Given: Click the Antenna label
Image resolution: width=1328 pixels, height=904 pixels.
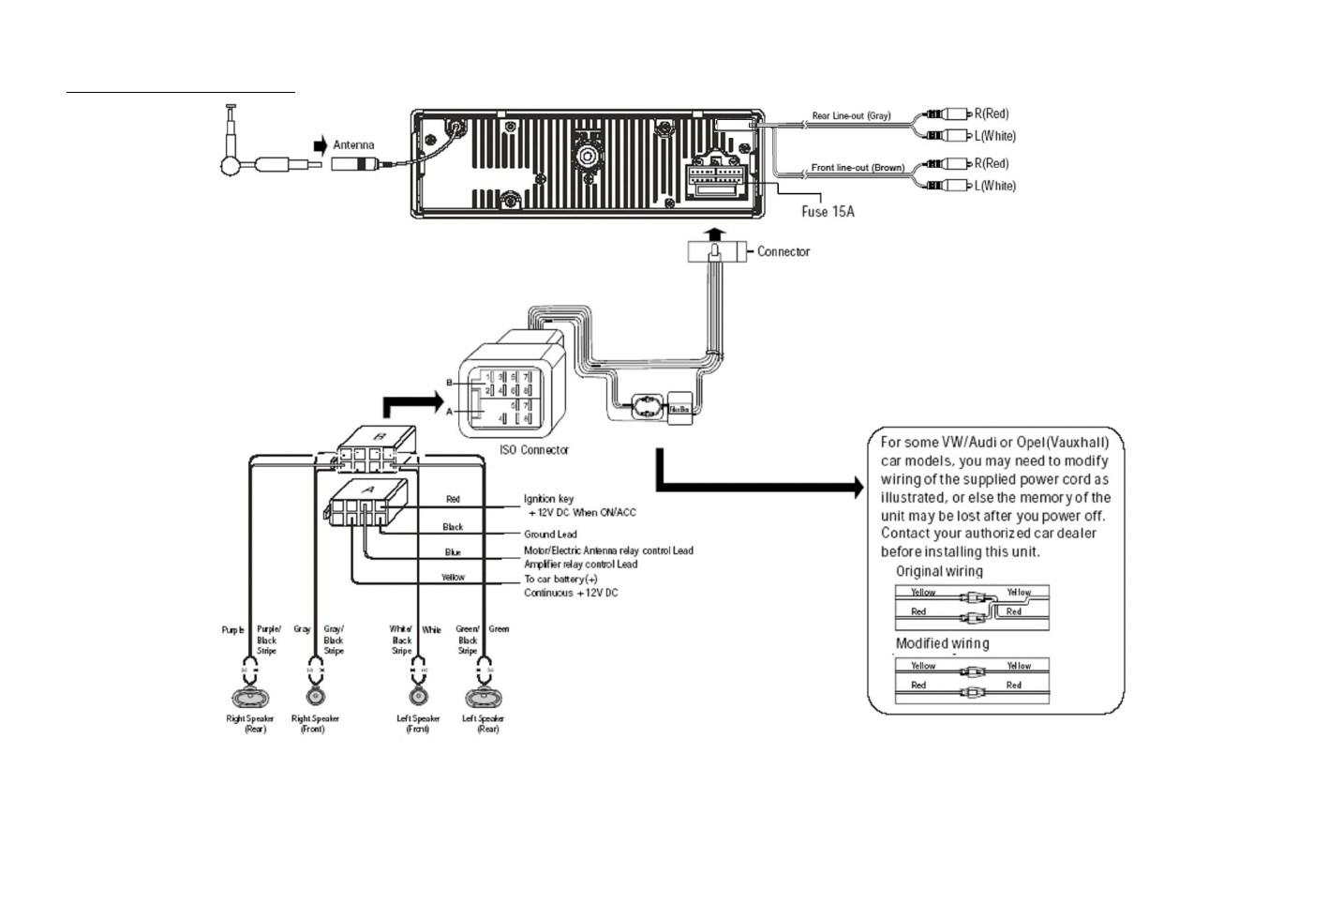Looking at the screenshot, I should tap(353, 145).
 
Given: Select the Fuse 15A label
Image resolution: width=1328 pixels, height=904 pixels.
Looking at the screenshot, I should tap(828, 212).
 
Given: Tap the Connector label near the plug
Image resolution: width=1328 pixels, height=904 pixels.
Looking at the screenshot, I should tap(783, 252).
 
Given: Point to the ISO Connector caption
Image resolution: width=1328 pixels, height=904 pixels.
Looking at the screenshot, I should tap(534, 450).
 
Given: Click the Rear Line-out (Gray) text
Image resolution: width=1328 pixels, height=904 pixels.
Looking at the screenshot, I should tap(851, 116).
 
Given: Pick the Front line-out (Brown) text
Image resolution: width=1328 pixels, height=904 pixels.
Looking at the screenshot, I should tap(857, 168).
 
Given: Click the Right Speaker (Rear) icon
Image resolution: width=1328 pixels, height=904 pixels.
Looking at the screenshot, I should tap(249, 698).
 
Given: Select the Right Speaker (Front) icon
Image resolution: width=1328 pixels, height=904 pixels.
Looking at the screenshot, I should tap(314, 698).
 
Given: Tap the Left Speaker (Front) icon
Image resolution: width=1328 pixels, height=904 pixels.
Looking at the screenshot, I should tap(418, 698).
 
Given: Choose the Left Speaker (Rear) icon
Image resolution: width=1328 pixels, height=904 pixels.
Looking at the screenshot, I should tap(484, 698).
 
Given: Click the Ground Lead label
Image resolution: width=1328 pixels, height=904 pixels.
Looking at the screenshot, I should tap(550, 535).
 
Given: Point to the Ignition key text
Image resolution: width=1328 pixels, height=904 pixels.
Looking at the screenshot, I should tap(549, 499).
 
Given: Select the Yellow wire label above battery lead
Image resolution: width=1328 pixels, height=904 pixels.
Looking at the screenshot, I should tap(453, 578).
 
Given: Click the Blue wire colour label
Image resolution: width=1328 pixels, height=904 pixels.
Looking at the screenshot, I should tap(453, 552).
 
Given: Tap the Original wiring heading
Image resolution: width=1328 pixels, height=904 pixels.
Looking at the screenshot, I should tap(939, 571).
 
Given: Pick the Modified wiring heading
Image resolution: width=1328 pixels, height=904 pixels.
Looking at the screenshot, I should tap(942, 643).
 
